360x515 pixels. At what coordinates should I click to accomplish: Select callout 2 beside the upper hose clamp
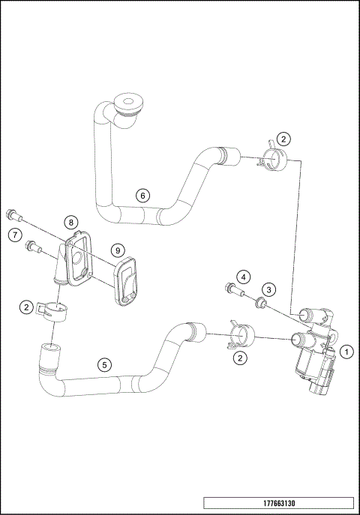(283, 138)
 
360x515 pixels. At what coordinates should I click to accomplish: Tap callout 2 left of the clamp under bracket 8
(27, 307)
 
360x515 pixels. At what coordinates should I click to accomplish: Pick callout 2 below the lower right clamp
(240, 358)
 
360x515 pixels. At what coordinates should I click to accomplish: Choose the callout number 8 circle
(70, 222)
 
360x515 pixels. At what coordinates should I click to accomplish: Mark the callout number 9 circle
(117, 249)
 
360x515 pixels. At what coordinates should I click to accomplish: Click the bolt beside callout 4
(233, 290)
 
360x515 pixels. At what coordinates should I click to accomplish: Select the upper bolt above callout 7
(13, 214)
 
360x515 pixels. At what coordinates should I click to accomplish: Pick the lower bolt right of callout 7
(33, 245)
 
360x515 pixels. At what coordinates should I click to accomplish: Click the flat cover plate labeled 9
(124, 283)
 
